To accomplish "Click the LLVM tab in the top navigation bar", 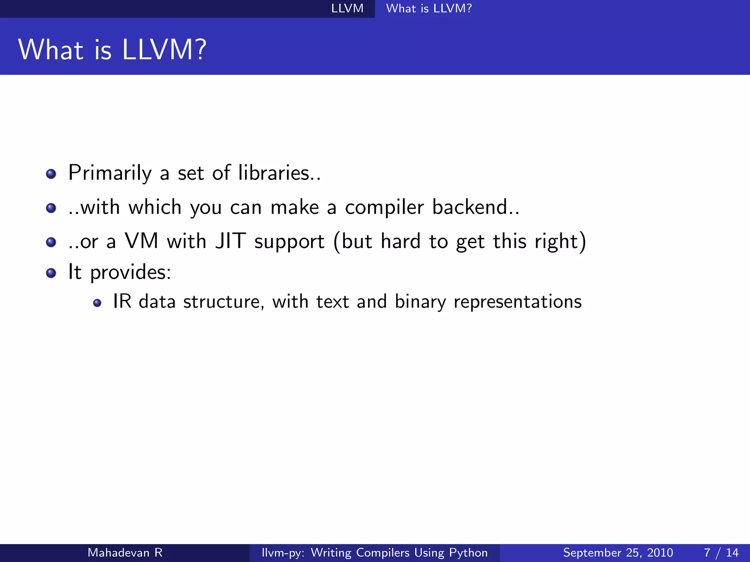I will [x=347, y=8].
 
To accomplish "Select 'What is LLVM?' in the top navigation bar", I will [x=429, y=8].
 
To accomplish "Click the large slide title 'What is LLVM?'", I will [x=112, y=50].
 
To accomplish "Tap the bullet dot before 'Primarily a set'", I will [x=51, y=174].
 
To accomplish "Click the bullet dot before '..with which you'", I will [x=51, y=208].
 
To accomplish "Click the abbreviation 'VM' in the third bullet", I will [x=141, y=241].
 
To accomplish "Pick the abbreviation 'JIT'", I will [x=230, y=241].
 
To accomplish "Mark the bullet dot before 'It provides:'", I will [x=51, y=273].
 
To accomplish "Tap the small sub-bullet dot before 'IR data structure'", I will [x=97, y=303].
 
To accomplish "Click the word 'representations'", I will [x=517, y=302].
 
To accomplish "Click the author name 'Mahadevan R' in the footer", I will [x=125, y=552].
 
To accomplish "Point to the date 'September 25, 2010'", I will [x=618, y=552].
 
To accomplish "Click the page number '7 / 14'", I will [x=721, y=552].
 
